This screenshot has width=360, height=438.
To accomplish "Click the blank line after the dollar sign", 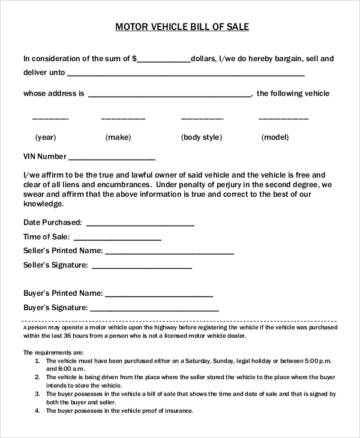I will coord(164,61).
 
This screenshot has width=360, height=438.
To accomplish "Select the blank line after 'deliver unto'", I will coord(186,76).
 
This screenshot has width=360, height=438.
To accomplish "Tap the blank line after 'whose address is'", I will coord(170,96).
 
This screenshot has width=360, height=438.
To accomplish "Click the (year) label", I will coord(46,137).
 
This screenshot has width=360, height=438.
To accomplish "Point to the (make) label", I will coord(118,137).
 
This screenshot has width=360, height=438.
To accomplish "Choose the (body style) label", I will coord(202,137).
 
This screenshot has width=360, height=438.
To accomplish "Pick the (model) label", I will coord(275,137).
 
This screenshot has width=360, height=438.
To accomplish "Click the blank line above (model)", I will coord(283,119).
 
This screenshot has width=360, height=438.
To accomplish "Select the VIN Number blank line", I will coord(112,159).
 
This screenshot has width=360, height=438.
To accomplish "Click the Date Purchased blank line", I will coord(140,225).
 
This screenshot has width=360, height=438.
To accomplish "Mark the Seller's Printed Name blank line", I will coord(169,253).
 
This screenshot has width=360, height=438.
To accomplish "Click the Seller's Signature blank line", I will coord(142,268).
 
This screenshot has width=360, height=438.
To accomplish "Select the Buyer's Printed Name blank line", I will coord(159,296).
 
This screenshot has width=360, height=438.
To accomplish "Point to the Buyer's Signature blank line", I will coord(154,310).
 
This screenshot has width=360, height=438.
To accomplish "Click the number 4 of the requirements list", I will coord(37,411).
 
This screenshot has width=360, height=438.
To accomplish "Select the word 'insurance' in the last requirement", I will coord(177,411).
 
